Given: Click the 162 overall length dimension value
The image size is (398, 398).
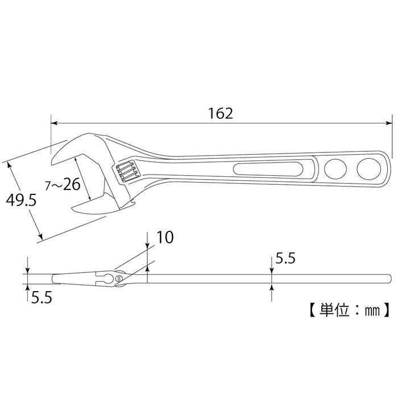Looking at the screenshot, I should click(221, 113).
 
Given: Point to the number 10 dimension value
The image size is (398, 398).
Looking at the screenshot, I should click(165, 238).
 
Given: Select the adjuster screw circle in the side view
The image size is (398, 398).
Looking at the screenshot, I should click(119, 278).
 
